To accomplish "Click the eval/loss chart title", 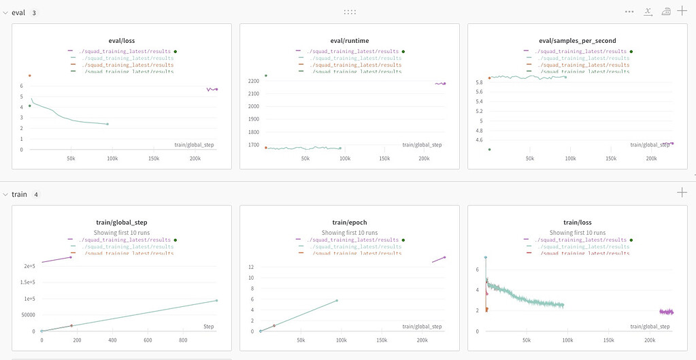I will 122,40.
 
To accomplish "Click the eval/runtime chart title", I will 350,40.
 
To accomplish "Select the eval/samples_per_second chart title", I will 577,40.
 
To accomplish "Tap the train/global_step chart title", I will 122,222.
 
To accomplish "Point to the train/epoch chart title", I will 350,222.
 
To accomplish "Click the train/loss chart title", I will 577,222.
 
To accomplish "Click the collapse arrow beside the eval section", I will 5,12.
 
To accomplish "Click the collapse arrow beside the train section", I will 5,194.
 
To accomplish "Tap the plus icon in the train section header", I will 682,193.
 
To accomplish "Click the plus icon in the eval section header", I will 682,12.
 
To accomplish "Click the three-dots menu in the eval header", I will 629,12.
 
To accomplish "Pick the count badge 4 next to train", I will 36,194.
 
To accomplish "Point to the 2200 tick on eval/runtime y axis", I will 253,81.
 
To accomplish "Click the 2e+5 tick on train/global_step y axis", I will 30,266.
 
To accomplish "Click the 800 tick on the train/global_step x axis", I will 182,340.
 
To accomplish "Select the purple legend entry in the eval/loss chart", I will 122,51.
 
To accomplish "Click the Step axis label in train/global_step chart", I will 209,327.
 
